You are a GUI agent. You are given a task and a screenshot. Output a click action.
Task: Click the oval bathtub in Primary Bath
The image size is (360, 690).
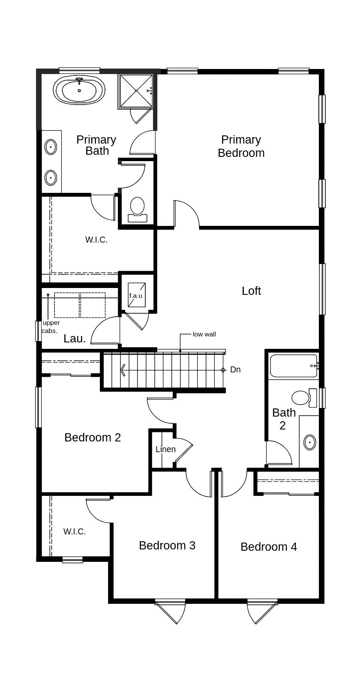(x=79, y=90)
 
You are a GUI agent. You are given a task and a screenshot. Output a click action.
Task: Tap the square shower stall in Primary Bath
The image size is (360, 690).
(x=136, y=90)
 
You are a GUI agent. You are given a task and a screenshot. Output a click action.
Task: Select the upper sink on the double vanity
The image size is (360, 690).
(x=51, y=147)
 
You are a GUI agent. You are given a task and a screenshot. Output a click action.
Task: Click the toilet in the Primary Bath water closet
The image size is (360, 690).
(x=138, y=207)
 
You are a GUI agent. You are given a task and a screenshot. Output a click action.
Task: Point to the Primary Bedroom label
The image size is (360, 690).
(x=241, y=146)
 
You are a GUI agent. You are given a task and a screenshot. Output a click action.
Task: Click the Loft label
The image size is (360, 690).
(x=251, y=291)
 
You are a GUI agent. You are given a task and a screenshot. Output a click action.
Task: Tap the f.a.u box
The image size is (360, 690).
(x=136, y=295)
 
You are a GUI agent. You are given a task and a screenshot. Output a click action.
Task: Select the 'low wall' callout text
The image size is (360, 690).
(x=204, y=334)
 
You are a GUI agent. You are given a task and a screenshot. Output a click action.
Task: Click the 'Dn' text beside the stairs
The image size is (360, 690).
(x=235, y=369)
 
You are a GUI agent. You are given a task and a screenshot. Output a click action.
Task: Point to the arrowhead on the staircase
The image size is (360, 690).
(x=123, y=369)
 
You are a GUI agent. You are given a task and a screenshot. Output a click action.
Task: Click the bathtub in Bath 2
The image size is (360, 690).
(x=294, y=366)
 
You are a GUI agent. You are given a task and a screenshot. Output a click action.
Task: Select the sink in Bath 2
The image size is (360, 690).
(x=309, y=442)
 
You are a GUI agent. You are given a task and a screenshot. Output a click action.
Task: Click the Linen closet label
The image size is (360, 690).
(x=165, y=449)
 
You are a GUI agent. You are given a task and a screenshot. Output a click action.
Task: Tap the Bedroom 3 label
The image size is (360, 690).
(x=167, y=546)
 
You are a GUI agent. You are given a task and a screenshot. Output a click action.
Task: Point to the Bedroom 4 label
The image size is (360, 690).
(x=268, y=547)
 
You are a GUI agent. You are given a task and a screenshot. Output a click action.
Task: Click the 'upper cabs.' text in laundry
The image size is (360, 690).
(x=51, y=327)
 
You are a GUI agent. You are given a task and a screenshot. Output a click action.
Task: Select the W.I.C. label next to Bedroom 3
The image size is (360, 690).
(x=75, y=532)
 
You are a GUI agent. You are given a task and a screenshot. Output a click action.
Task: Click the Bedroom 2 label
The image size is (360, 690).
(x=93, y=438)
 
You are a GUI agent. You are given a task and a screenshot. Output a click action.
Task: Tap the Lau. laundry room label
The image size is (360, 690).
(x=75, y=339)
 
